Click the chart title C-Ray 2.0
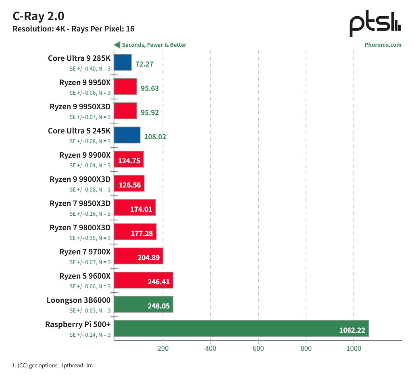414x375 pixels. pos(39,16)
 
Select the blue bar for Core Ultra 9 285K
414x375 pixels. pos(123,62)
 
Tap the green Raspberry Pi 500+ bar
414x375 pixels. pos(241,328)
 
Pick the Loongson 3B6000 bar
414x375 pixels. pos(144,304)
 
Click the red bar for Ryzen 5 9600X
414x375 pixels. pos(144,280)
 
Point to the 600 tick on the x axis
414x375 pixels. pos(258,348)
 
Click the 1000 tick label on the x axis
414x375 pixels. pos(354,348)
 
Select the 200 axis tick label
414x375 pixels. pos(163,348)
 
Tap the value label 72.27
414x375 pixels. pos(144,64)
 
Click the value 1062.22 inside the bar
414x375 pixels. pos(352,330)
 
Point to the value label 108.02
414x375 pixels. pos(155,136)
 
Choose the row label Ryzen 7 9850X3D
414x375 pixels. pos(80,203)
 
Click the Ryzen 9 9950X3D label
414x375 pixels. pos(80,106)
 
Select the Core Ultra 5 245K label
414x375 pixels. pos(79,131)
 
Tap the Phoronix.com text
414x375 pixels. pos(383,45)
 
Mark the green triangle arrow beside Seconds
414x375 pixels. pos(117,45)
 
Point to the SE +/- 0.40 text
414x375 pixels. pos(90,69)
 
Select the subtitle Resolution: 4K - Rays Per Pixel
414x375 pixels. pos(74,29)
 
